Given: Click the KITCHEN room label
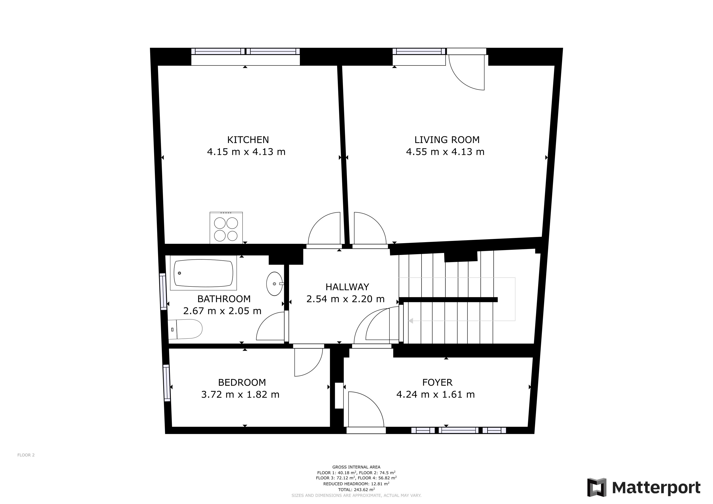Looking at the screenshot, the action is (x=248, y=140).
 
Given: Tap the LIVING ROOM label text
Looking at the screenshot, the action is (x=447, y=140).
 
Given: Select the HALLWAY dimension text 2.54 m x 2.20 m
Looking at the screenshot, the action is (x=345, y=299).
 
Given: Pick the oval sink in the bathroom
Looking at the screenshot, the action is (x=274, y=284).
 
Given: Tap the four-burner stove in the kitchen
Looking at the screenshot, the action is (x=226, y=228).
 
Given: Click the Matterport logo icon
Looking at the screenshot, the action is (x=597, y=488).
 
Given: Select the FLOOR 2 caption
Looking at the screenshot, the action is (x=26, y=455).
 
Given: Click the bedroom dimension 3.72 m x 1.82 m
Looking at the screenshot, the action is (x=240, y=394).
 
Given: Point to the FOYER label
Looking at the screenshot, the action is (x=437, y=382).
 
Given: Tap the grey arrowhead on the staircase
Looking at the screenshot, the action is (x=410, y=321).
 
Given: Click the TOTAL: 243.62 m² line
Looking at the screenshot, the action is (x=356, y=490).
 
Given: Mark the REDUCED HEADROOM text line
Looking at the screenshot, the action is (x=356, y=484).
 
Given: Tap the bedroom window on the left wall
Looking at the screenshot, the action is (x=167, y=383).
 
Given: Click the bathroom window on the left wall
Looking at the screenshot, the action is (x=163, y=291).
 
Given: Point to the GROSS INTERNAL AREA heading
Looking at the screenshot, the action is (x=356, y=467).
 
